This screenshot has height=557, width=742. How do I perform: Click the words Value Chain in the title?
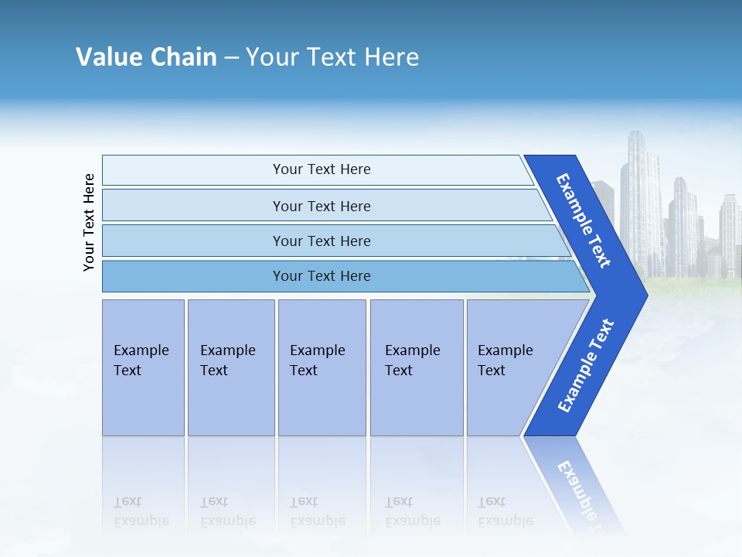pos(146,57)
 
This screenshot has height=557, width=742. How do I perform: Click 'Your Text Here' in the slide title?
pos(332,57)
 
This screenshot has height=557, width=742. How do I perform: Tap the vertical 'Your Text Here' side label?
pos(89,223)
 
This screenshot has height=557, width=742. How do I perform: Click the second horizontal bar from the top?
pos(322,206)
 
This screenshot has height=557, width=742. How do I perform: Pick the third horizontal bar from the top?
pos(322,241)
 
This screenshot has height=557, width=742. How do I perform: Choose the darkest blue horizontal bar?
pos(322,276)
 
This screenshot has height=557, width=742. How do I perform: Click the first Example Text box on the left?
pos(143,367)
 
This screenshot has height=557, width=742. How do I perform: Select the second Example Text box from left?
pos(230,367)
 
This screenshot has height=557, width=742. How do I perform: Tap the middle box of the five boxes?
pos(322,367)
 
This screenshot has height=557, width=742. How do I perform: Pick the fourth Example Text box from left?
pos(416,367)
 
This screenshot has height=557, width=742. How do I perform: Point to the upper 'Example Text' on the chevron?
pos(584,220)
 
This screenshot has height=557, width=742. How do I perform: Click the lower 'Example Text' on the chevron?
pos(585,366)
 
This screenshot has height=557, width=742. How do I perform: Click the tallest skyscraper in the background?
pos(639,201)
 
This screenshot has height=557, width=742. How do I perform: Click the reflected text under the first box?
pos(141,511)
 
